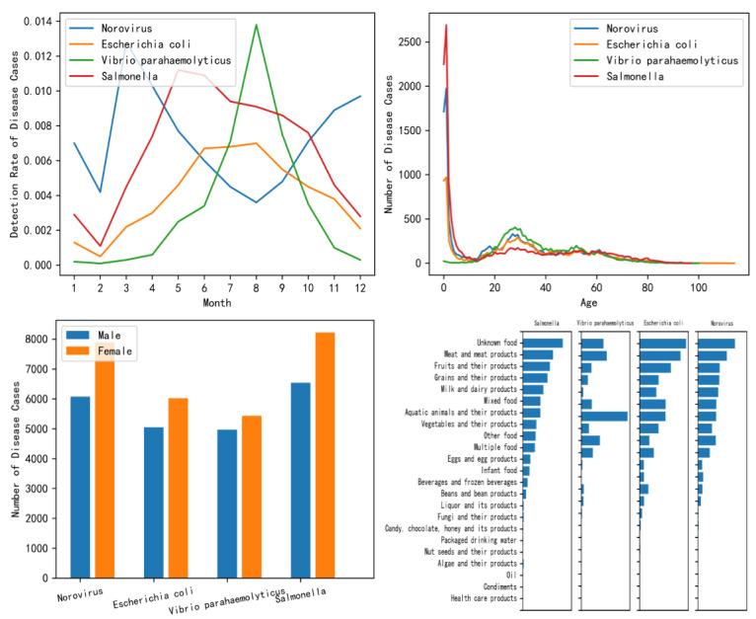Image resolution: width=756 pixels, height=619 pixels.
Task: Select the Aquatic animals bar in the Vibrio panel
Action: point(604,416)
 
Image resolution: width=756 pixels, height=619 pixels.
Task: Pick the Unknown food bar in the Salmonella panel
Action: point(543,344)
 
